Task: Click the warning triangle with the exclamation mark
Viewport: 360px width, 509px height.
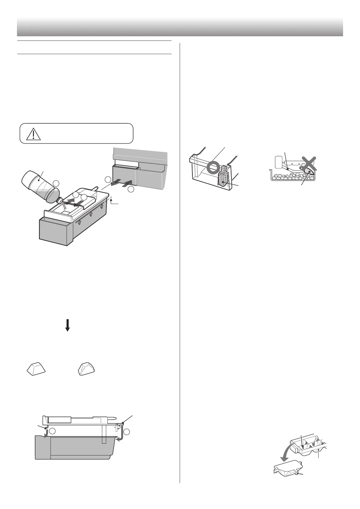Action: (33, 134)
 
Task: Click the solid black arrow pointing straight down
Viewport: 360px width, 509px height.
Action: (68, 325)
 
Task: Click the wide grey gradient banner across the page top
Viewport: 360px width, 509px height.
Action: (180, 27)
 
